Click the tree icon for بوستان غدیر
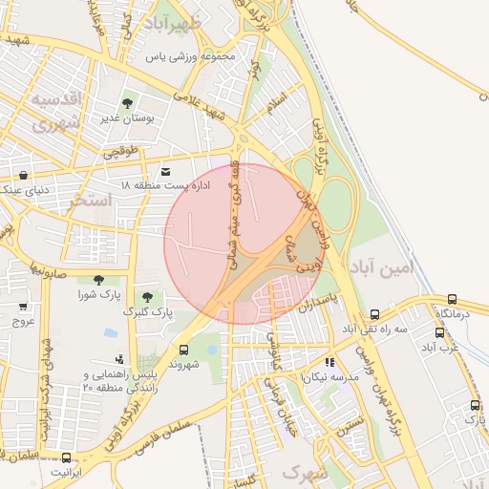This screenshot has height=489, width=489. tap(127, 102)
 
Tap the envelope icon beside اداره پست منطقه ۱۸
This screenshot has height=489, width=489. tap(167, 169)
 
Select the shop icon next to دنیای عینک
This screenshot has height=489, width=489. tap(23, 175)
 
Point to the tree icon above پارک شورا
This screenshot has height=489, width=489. tap(98, 280)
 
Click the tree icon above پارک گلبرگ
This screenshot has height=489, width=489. tap(147, 298)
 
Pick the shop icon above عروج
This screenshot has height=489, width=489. tap(23, 308)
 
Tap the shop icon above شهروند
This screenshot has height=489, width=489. tap(182, 350)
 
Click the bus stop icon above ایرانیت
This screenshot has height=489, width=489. tap(66, 457)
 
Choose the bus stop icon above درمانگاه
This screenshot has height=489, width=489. tap(451, 298)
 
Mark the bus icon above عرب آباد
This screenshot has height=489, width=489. tap(440, 332)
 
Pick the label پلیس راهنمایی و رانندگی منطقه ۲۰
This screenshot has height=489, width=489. tap(120, 381)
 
